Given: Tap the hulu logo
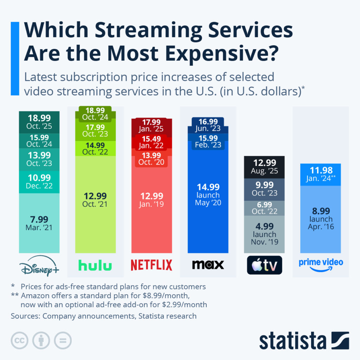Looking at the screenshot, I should point(95,265).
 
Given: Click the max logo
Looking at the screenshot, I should point(208,265).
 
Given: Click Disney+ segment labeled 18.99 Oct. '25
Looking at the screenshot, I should point(39,122).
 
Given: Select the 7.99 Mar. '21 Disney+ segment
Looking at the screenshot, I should point(39,223).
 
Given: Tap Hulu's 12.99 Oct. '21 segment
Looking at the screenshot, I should point(95,200).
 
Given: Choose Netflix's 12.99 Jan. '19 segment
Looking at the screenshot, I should point(152,200).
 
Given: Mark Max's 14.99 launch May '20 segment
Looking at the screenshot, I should point(208,194).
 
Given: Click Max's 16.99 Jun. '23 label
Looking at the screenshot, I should point(208,125).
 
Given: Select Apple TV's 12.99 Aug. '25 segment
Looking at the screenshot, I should point(264,167).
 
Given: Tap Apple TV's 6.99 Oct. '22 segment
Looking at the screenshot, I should point(264,207).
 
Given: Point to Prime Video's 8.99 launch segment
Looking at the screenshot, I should point(321,218).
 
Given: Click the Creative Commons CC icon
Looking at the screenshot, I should point(20,340).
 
